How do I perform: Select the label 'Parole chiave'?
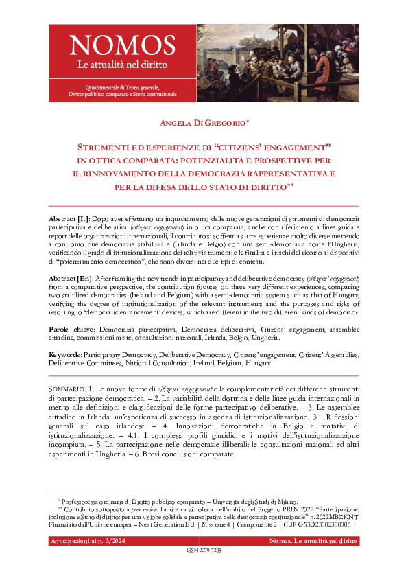[71, 329]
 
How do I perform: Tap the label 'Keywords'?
[65, 355]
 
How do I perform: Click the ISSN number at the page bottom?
[204, 551]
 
